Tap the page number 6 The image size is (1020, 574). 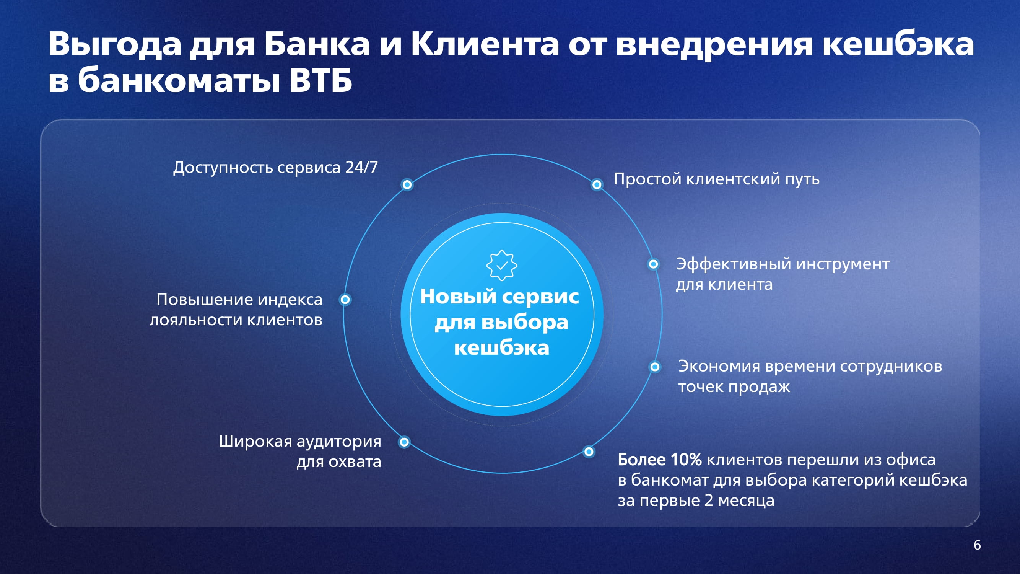point(977,545)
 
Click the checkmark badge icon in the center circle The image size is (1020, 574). point(502,266)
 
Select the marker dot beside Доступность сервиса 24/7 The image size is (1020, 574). point(407,184)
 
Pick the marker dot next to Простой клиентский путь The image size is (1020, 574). point(597,184)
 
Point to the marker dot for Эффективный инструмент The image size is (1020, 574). point(653,264)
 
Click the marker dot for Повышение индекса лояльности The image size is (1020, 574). point(345,300)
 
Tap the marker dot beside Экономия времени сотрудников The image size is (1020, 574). point(655,367)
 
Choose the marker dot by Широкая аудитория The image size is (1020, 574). point(404,442)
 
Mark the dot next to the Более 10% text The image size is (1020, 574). point(589,452)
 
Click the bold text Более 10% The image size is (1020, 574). point(660,460)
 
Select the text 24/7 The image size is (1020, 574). point(361,168)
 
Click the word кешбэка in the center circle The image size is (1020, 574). point(502,347)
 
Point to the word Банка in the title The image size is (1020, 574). point(317,44)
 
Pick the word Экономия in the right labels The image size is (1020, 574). point(719,366)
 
